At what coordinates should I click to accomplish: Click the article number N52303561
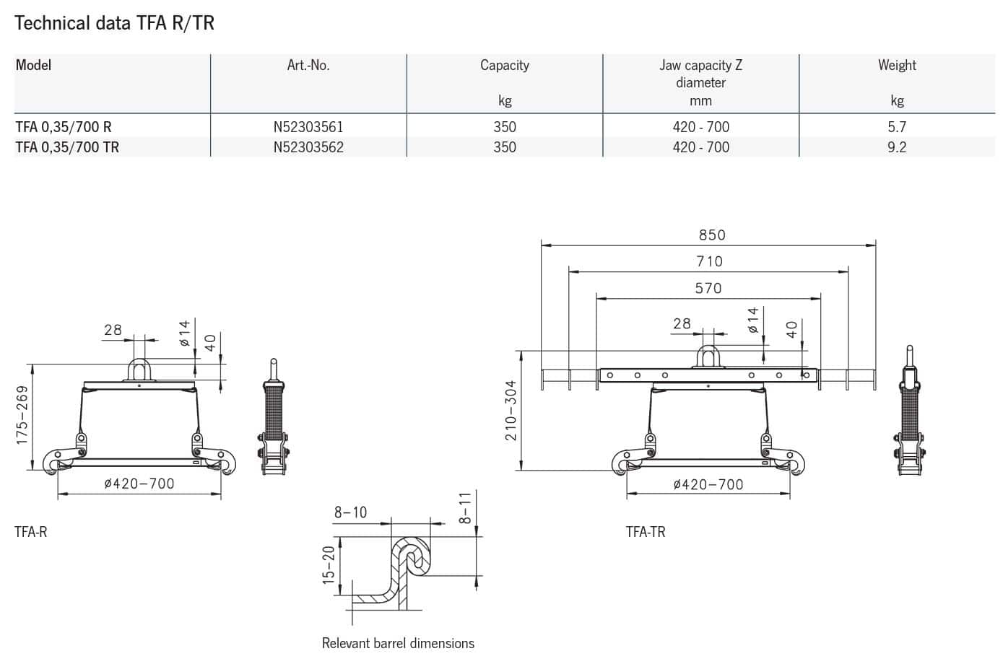[308, 127]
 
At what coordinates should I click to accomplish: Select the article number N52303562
[308, 147]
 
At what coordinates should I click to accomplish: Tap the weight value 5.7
[897, 127]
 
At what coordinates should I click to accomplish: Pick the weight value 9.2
[897, 147]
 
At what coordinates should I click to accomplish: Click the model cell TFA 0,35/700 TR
[67, 147]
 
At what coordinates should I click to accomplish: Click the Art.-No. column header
[308, 66]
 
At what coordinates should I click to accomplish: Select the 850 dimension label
[712, 235]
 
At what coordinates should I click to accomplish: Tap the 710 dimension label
[710, 261]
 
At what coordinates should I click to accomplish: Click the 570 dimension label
[708, 288]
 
